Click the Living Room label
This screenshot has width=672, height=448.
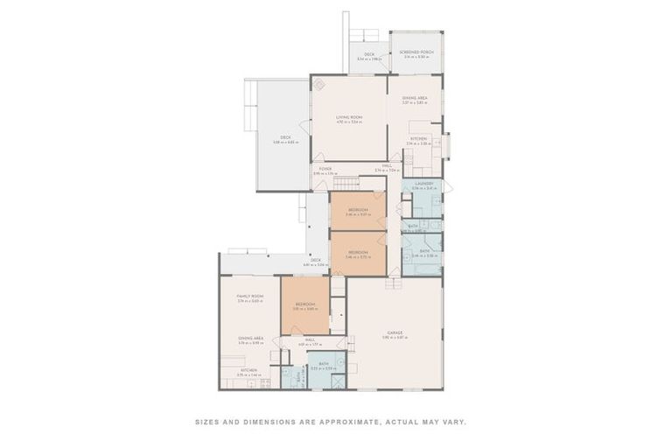point(348,119)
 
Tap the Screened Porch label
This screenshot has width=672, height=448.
point(416,52)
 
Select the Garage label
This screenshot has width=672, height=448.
point(395,332)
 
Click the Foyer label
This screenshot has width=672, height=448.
point(325,169)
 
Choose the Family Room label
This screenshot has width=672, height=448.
point(250,297)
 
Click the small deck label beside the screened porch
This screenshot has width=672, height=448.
point(368,56)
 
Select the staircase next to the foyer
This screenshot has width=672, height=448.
point(346,183)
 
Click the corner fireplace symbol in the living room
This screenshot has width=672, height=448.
point(320,84)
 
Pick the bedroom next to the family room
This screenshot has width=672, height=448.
point(304,304)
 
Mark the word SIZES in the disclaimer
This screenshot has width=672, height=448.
point(208,422)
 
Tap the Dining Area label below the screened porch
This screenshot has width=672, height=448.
point(414,99)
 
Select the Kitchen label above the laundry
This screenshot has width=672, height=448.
point(418,139)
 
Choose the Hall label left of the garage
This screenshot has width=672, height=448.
point(310,341)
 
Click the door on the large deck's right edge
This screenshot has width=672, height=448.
point(306,127)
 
